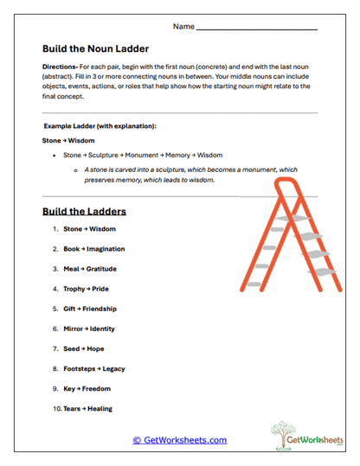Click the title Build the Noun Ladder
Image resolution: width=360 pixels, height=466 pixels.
[x=96, y=48]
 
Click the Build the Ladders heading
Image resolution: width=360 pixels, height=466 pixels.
[x=84, y=211]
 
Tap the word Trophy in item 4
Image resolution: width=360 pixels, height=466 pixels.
[x=74, y=289]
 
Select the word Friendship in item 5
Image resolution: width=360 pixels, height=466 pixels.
[x=100, y=309]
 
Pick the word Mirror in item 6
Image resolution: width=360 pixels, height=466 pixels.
[x=74, y=329]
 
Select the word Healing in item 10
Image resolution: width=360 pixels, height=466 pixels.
[x=100, y=408]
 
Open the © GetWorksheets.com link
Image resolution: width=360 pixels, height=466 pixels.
[x=179, y=440]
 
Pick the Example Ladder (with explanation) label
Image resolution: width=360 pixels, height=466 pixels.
[x=100, y=126]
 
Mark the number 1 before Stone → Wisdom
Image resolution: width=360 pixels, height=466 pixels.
[x=55, y=229]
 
